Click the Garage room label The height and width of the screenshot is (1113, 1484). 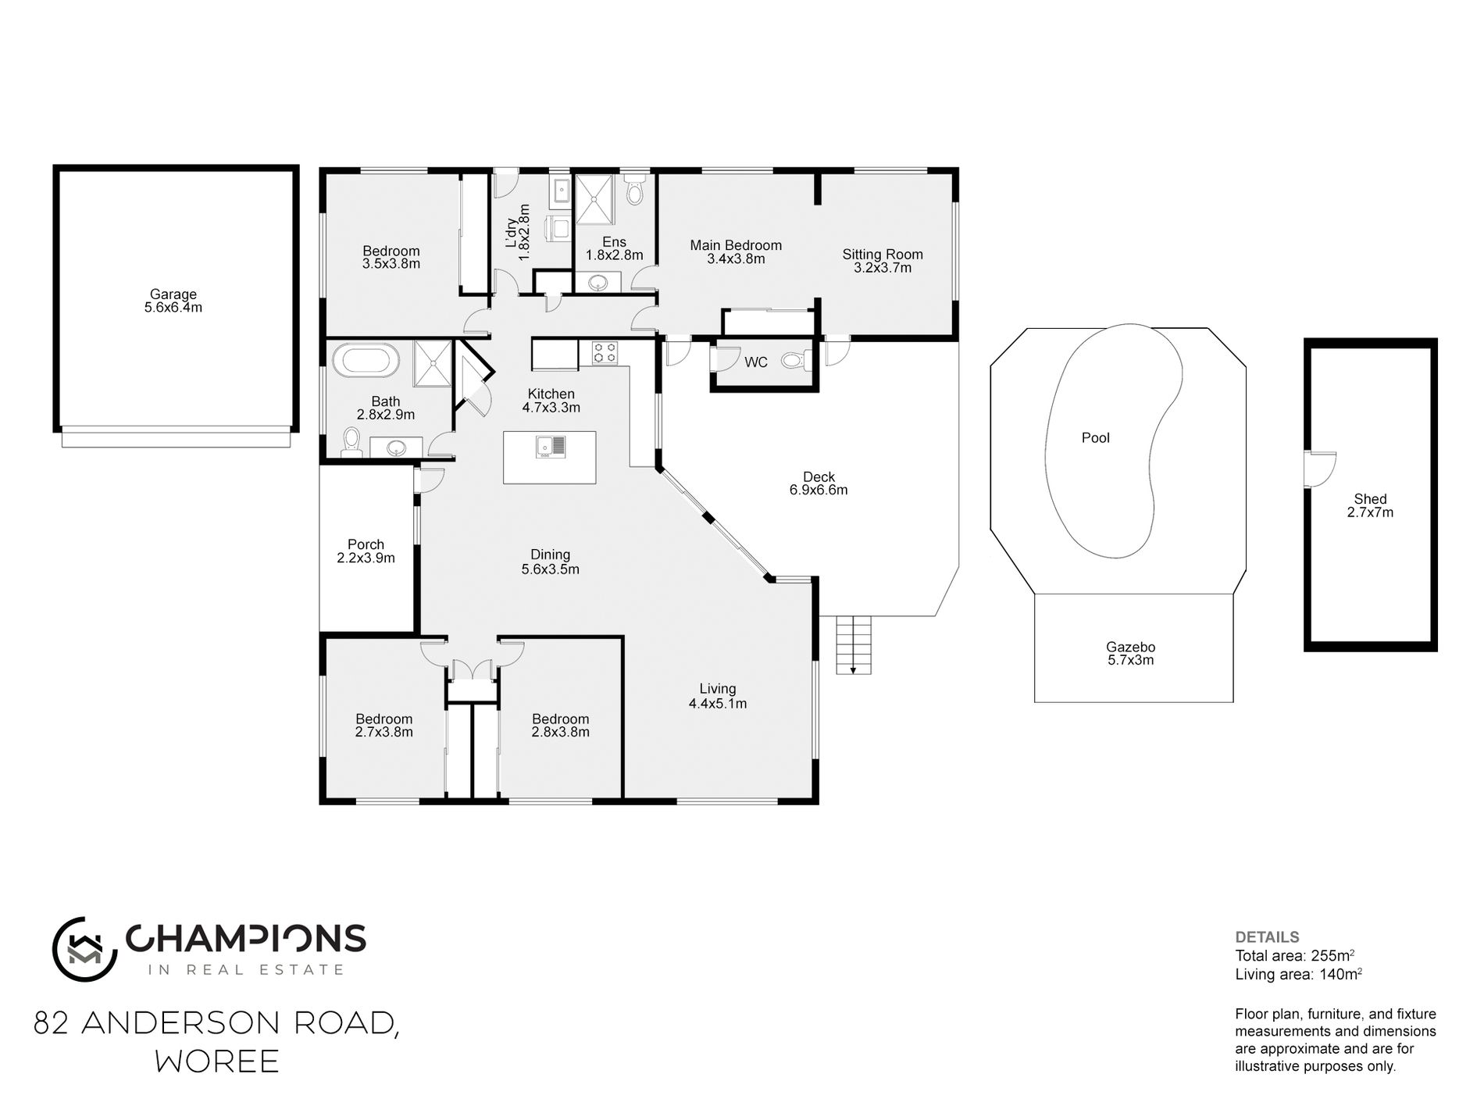click(173, 301)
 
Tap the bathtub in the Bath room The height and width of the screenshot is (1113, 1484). click(366, 362)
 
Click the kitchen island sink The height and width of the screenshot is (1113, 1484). click(551, 447)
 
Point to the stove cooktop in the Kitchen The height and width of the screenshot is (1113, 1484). click(605, 353)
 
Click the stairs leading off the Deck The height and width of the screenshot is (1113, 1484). click(854, 644)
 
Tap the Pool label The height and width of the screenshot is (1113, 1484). click(1095, 438)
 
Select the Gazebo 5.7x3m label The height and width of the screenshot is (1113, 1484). click(1130, 654)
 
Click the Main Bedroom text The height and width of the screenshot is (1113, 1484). click(736, 245)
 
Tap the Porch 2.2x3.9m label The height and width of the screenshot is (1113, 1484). click(366, 551)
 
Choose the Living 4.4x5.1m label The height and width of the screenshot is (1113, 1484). click(717, 696)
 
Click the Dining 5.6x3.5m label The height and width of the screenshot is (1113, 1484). click(550, 562)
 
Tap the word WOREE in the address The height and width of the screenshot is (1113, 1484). click(217, 1061)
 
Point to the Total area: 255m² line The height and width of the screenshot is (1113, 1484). click(1294, 955)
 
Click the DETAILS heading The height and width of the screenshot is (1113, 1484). click(1267, 937)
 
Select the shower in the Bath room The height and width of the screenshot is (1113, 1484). click(433, 363)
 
